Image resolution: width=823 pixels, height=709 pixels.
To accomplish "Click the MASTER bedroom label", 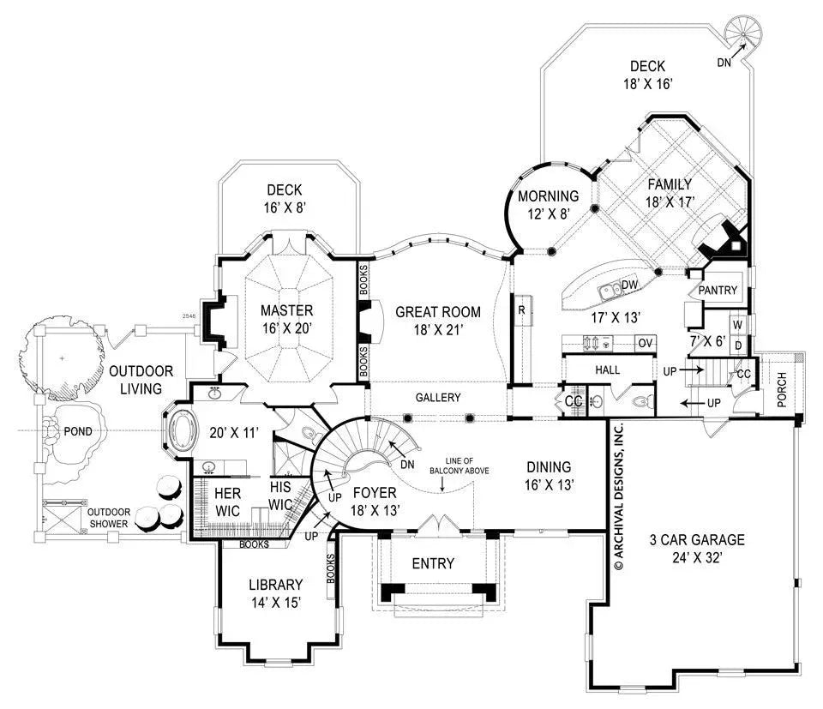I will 287,310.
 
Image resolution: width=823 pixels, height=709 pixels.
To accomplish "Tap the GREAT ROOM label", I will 437,312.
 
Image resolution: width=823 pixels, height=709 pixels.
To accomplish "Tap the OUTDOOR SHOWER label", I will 107,518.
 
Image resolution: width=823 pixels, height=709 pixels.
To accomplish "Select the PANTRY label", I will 718,291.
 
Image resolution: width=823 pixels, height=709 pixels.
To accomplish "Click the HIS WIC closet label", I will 282,495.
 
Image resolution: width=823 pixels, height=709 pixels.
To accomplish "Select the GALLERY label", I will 438,398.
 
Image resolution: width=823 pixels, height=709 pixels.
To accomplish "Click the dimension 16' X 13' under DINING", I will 549,484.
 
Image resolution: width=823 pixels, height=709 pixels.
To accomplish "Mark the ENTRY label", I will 433,563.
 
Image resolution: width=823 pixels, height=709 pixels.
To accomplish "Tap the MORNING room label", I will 549,196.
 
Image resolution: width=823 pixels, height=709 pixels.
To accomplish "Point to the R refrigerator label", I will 521,308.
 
